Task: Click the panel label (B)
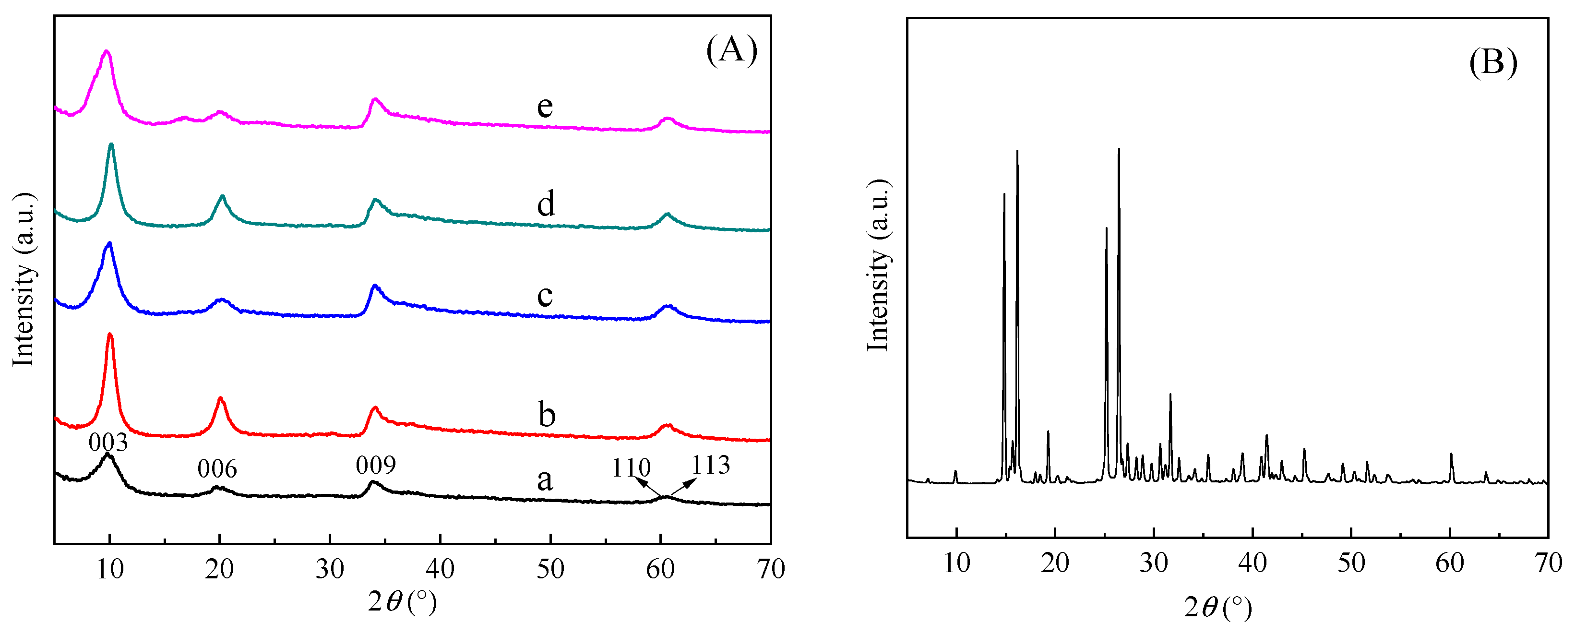coord(1492,62)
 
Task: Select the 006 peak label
coord(217,469)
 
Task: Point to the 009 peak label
coord(375,466)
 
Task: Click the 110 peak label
coord(631,468)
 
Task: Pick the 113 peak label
coord(710,466)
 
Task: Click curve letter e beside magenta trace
coord(545,107)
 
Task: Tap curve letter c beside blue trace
coord(544,296)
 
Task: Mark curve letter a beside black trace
coord(544,480)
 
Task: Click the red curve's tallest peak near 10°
coord(110,335)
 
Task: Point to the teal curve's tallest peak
coord(111,145)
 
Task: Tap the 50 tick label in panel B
coord(1350,563)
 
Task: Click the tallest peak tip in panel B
coord(1118,149)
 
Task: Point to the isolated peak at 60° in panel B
coord(1451,455)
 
